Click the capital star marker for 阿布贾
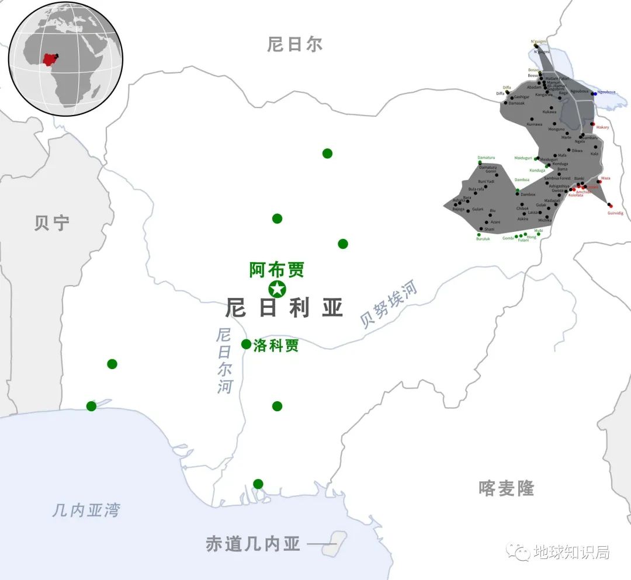click(x=276, y=289)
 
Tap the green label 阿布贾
click(x=277, y=270)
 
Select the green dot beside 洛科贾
click(x=247, y=344)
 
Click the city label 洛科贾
click(x=276, y=345)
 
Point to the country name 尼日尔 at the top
click(x=295, y=44)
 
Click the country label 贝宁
click(x=51, y=223)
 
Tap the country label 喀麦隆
click(x=506, y=488)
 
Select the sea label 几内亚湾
click(x=86, y=510)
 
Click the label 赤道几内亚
click(x=253, y=544)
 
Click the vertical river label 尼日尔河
click(x=224, y=360)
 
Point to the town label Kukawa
click(x=549, y=112)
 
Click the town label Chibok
click(x=522, y=208)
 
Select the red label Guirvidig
click(x=615, y=213)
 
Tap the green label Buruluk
click(x=483, y=239)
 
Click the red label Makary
click(x=602, y=127)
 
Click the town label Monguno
click(x=556, y=129)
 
